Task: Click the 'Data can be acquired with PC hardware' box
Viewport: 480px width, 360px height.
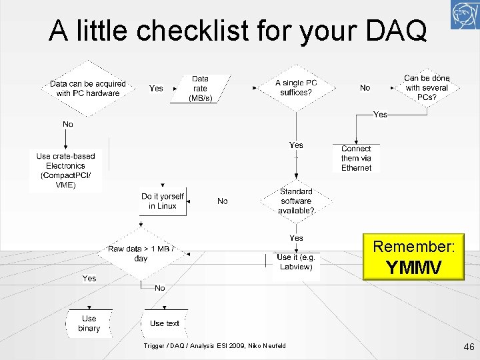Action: coord(87,89)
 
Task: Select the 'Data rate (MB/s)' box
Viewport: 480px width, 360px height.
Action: coord(200,89)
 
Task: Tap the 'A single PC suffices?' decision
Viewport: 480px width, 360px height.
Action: coord(296,88)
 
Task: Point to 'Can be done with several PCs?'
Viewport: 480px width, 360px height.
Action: coord(427,88)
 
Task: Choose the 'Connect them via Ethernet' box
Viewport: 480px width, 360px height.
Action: coord(356,159)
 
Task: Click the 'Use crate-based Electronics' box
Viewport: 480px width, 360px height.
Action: coord(66,171)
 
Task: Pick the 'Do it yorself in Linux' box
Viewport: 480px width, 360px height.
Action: coord(163,201)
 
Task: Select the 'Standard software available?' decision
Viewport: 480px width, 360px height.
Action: coord(296,201)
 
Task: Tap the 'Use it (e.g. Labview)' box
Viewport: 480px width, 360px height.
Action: coord(296,263)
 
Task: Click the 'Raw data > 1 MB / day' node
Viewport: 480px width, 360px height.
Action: coord(141,253)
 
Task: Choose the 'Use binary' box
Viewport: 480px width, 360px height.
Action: coord(89,323)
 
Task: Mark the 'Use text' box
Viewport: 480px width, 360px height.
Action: coord(165,323)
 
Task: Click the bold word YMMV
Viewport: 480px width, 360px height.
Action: coord(413,267)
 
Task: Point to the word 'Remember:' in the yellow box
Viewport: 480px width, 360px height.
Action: coord(413,247)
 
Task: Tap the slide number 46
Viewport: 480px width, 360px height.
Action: coord(468,347)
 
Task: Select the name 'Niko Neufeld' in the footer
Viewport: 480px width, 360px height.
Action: coord(267,345)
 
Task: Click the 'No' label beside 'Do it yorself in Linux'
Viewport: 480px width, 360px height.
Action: coord(223,201)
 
